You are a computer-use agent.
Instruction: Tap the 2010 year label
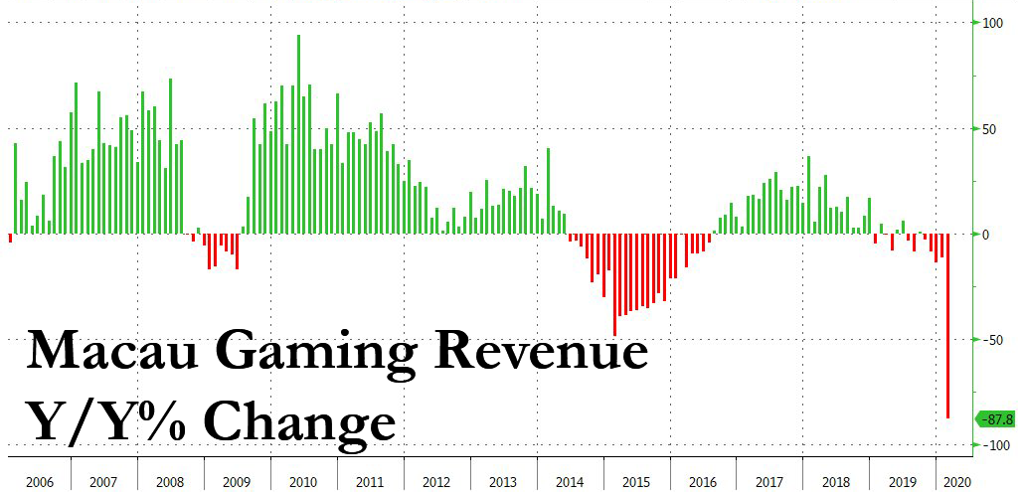click(303, 482)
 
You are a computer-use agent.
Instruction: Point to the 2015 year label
click(636, 482)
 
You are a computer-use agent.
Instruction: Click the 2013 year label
click(503, 482)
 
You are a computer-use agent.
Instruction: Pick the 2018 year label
click(836, 482)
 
